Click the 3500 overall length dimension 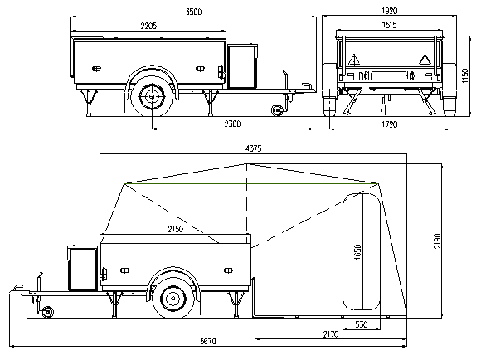[x=194, y=12]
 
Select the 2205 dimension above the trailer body [x=148, y=26]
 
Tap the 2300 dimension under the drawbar [x=232, y=124]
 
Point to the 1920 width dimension [x=390, y=11]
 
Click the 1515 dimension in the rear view [x=389, y=25]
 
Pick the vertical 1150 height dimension [x=465, y=75]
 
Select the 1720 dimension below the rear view [x=389, y=124]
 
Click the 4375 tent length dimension [x=254, y=148]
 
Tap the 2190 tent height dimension [x=437, y=241]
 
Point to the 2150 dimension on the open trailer [x=176, y=229]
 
